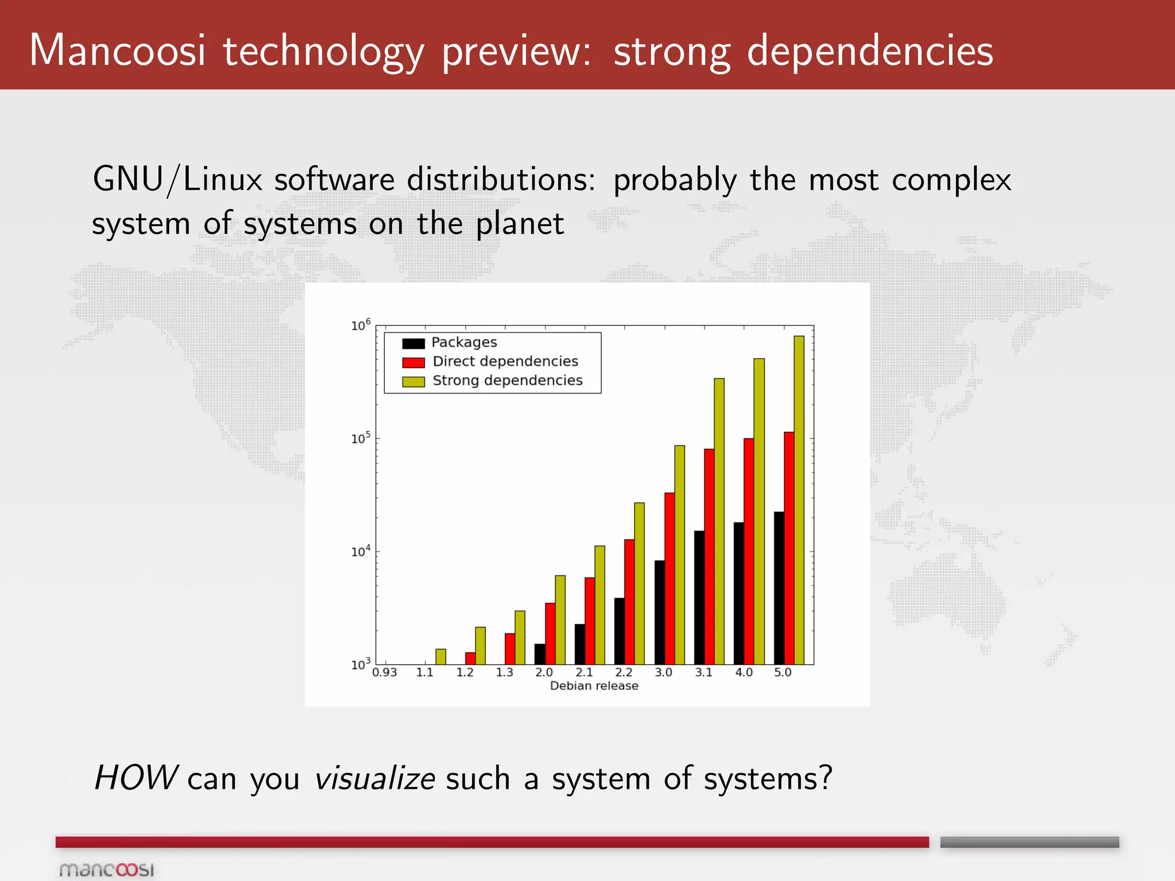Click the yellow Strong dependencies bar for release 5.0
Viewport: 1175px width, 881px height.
tap(799, 499)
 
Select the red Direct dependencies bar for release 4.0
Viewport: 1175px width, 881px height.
tap(749, 551)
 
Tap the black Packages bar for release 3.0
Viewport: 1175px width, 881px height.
tap(659, 612)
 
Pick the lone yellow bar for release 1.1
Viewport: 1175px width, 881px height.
tap(441, 657)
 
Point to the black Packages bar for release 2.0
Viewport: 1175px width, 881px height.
tap(540, 654)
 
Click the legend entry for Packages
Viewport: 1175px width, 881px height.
tap(464, 342)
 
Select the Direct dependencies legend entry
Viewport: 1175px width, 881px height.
tap(505, 361)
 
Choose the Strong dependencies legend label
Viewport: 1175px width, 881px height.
tap(507, 380)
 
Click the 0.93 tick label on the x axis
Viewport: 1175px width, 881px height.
tap(384, 672)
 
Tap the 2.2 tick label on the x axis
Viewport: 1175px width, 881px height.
tap(624, 672)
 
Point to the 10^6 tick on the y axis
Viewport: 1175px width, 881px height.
tap(361, 325)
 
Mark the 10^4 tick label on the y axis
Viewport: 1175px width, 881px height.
tap(361, 551)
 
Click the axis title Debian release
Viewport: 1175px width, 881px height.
tap(594, 686)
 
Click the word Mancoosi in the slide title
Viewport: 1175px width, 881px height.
tap(117, 50)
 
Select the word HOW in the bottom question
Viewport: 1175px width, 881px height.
tap(135, 778)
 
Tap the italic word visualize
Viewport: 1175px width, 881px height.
tap(374, 778)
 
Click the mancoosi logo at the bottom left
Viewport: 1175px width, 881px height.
tap(107, 870)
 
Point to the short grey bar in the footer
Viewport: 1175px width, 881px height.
tap(1029, 842)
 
